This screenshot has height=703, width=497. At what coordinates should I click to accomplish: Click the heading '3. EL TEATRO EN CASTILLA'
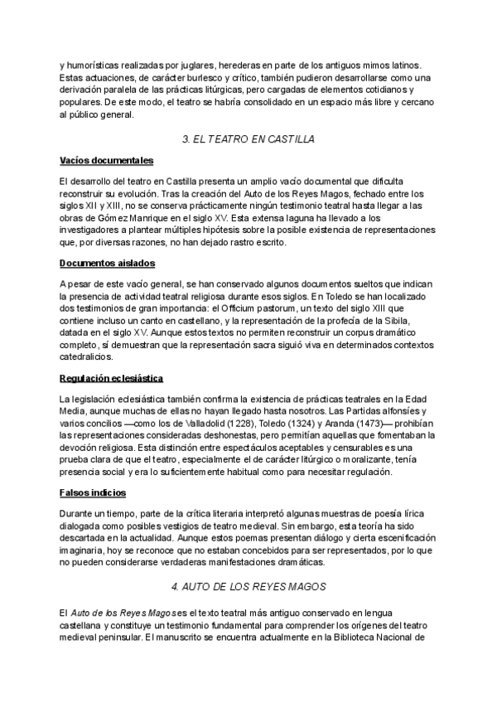coord(248,138)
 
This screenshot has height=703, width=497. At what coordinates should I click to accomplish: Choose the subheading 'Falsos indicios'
coord(93,492)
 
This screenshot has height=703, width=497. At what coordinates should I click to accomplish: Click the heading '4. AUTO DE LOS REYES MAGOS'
coord(248,586)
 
